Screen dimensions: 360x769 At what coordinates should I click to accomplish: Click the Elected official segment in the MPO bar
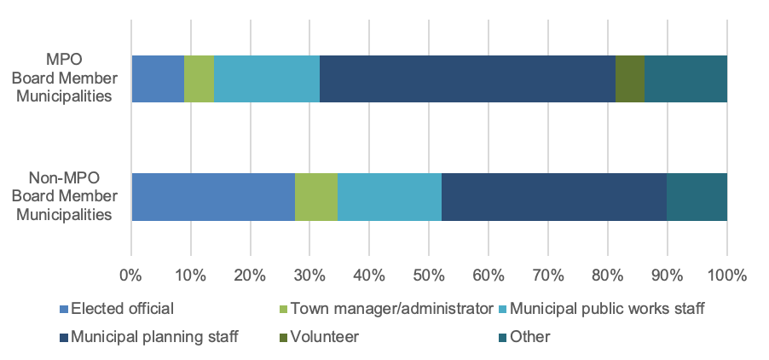click(x=158, y=78)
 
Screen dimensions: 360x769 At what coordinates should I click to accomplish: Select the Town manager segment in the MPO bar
click(x=199, y=78)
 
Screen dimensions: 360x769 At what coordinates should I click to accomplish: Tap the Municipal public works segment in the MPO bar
click(x=267, y=78)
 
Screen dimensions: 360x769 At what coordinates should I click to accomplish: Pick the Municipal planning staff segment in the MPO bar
click(x=467, y=78)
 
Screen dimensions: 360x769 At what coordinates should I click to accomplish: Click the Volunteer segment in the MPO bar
click(x=629, y=78)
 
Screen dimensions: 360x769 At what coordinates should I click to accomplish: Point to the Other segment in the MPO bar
click(x=685, y=78)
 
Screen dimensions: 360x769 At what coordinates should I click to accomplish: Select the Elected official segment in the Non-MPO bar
click(x=213, y=196)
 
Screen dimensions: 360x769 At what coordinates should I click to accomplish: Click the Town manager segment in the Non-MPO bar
click(x=315, y=196)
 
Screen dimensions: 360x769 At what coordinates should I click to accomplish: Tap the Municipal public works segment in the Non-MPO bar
click(x=389, y=196)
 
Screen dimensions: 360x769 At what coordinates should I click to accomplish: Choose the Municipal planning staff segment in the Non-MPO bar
click(x=554, y=196)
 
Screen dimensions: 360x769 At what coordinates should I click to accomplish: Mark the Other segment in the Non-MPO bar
click(x=697, y=196)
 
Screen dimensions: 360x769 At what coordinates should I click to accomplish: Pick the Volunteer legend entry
click(x=324, y=337)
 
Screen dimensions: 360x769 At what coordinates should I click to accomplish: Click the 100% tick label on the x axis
click(x=726, y=275)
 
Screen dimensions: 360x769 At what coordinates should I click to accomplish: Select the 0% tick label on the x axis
click(x=130, y=275)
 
